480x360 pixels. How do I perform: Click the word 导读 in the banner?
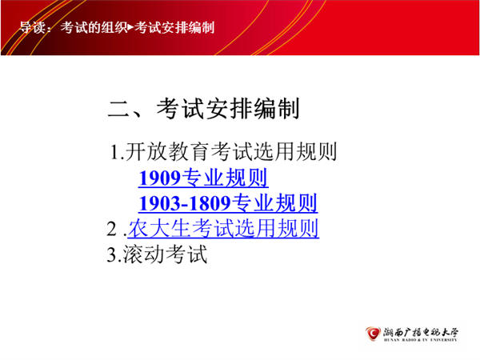pos(33,27)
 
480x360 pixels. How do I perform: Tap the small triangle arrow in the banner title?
pos(130,27)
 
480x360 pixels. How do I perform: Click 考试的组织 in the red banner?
pos(94,27)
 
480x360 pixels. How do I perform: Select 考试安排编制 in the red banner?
pos(174,27)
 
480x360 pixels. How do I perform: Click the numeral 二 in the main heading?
pos(119,109)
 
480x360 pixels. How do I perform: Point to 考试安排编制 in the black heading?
pos(228,109)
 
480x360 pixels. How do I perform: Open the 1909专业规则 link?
pos(203,178)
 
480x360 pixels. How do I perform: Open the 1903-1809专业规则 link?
pos(228,203)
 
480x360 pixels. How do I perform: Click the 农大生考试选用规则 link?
pos(223,228)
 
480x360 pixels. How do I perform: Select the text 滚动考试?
pos(166,254)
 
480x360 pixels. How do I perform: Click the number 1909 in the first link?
pos(160,178)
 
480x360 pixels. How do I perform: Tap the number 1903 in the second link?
pos(160,203)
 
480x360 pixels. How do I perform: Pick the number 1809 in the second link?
pos(210,203)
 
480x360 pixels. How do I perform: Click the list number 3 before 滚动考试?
pos(111,254)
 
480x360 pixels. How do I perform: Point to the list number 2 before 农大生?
pos(111,229)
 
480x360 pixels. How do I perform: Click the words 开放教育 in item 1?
pos(167,151)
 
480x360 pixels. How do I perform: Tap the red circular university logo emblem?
pos(373,333)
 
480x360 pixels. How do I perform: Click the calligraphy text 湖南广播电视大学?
pos(421,332)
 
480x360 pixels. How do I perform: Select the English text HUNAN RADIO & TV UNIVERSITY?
pos(421,340)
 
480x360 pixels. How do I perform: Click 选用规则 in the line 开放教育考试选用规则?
pos(295,151)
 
